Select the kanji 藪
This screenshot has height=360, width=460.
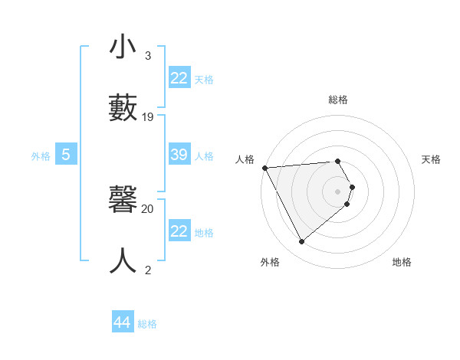click(123, 106)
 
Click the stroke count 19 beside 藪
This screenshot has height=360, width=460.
click(148, 117)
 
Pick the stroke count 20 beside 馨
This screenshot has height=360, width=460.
click(148, 208)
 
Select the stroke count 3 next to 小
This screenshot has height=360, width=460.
click(148, 56)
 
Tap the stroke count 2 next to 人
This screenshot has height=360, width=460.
click(148, 270)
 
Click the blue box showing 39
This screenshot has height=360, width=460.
click(179, 155)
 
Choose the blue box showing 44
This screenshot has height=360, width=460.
click(122, 322)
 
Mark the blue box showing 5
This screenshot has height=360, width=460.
click(66, 155)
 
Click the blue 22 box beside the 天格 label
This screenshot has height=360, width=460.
click(179, 78)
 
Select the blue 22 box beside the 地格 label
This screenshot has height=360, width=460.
click(179, 231)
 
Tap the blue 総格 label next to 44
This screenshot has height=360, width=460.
click(147, 324)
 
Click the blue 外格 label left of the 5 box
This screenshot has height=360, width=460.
click(41, 156)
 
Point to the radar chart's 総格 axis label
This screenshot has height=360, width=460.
click(338, 100)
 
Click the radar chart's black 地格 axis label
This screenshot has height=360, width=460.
click(402, 262)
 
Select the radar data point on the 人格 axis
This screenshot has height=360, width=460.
click(264, 168)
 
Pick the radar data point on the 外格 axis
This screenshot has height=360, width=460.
click(301, 241)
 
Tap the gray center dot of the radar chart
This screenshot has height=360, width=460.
click(338, 191)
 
